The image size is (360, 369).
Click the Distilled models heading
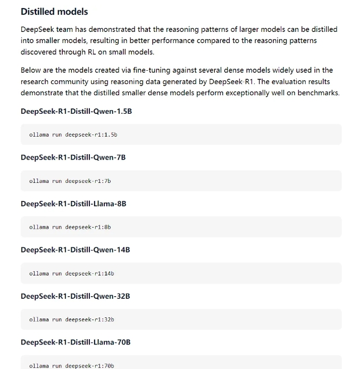point(54,11)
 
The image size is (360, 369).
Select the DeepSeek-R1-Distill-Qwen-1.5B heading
point(76,111)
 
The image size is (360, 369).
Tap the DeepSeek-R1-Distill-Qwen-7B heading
point(73,157)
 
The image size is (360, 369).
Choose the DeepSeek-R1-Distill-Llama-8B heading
point(73,204)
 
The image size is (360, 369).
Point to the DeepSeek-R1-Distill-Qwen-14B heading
point(75,250)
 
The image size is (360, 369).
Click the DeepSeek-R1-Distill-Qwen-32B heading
point(75,296)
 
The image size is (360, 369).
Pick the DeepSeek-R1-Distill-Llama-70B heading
point(76,342)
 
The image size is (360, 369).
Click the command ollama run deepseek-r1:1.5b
point(73,135)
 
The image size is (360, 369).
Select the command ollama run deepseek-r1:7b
point(70,181)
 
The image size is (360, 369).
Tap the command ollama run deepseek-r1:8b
point(70,227)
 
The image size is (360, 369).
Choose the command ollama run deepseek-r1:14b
point(71,273)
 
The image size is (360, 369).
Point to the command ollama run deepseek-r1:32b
point(71,320)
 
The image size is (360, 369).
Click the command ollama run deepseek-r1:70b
point(71,366)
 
